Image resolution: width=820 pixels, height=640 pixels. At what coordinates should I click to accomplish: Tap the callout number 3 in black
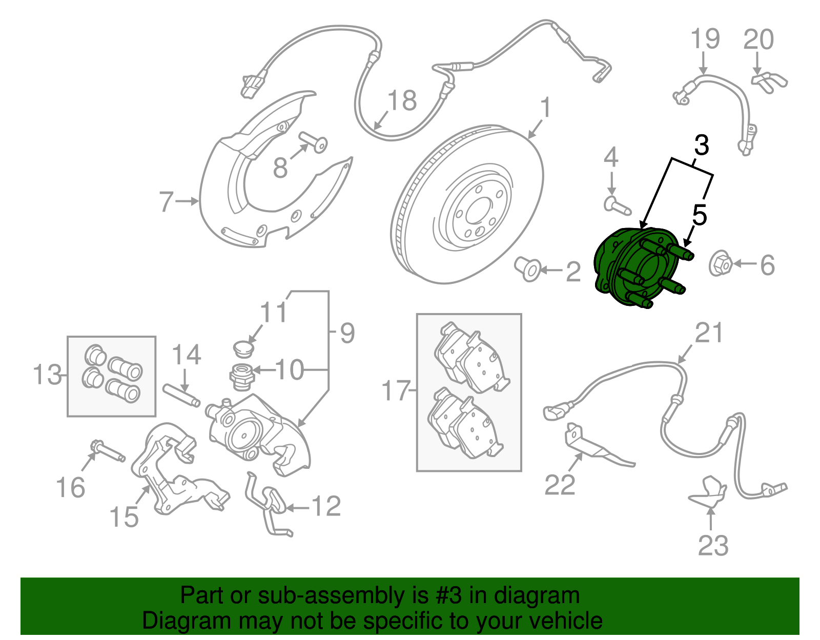pyautogui.click(x=701, y=146)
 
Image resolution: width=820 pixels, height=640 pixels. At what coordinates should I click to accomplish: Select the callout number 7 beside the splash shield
pyautogui.click(x=166, y=201)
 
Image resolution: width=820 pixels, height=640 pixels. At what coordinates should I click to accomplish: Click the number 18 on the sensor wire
pyautogui.click(x=402, y=101)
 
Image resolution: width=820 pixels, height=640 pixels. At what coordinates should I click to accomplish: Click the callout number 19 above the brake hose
pyautogui.click(x=705, y=39)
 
